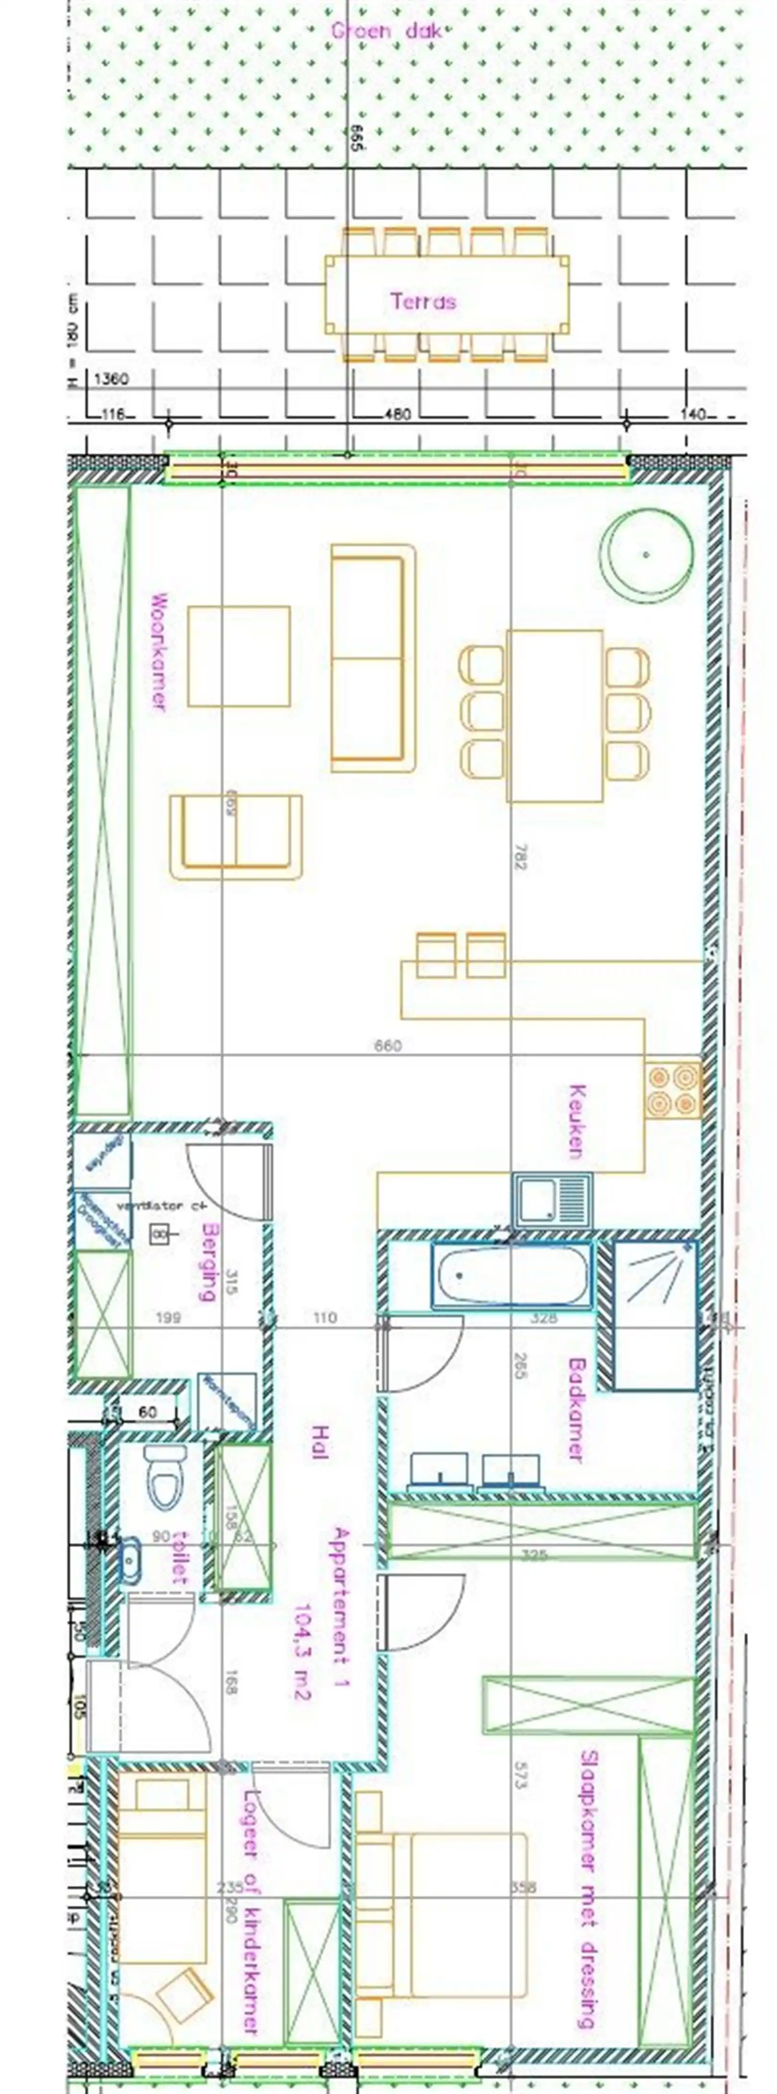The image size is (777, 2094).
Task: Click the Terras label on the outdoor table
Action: pyautogui.click(x=423, y=302)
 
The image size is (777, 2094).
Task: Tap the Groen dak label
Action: pyautogui.click(x=386, y=31)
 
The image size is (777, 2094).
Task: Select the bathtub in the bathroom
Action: pyautogui.click(x=510, y=1276)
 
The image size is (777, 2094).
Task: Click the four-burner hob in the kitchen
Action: pyautogui.click(x=673, y=1089)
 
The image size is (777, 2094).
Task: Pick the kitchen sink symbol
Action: pyautogui.click(x=551, y=1200)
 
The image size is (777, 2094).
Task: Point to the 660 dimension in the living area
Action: pyautogui.click(x=388, y=1045)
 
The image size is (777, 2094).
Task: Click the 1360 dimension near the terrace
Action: pyautogui.click(x=111, y=379)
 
